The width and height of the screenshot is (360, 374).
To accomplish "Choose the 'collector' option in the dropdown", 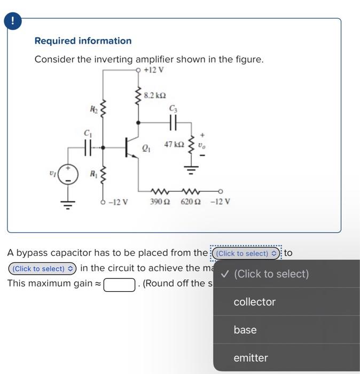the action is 255,302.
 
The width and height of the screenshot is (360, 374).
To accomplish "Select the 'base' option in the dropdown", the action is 245,330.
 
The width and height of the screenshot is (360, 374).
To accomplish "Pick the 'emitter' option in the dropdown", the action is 251,357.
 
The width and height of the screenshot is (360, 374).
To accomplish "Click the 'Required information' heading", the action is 83,41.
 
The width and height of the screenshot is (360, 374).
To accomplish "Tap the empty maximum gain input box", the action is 120,284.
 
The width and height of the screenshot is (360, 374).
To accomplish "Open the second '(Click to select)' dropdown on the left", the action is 42,269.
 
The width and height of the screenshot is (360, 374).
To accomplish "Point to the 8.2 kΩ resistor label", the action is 155,95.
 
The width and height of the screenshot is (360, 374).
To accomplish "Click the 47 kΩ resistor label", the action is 174,144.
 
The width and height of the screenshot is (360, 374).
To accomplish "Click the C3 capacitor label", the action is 173,109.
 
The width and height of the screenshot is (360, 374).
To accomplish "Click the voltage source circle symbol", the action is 68,174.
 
